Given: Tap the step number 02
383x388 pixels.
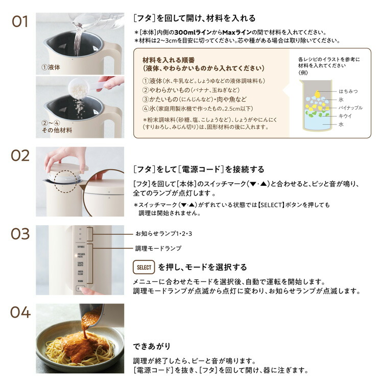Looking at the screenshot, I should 20,156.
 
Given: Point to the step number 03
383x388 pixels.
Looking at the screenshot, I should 20,234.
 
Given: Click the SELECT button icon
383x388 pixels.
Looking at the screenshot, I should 144,267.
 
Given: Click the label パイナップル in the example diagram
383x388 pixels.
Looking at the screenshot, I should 350,107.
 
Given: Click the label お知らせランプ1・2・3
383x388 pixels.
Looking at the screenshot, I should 164,233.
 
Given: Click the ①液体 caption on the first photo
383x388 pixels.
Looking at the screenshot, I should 51,67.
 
